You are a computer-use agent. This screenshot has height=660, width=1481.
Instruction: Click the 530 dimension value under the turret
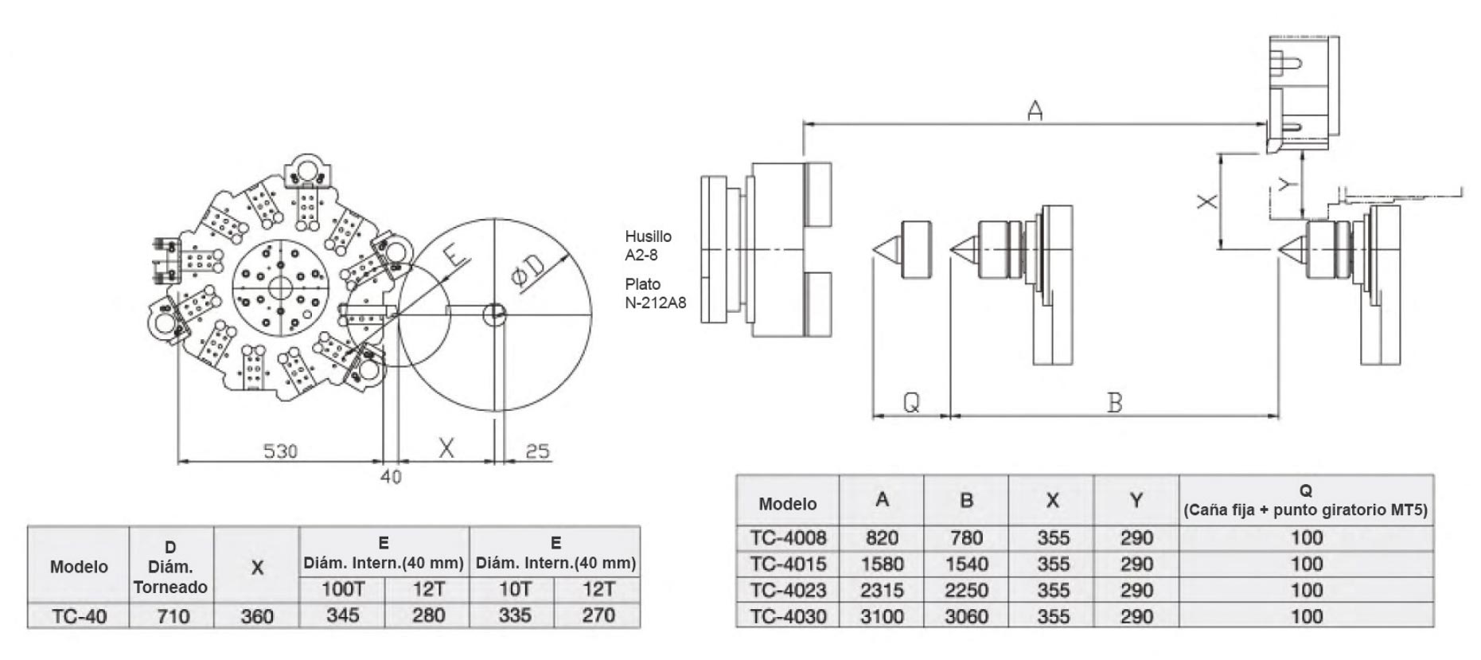(280, 451)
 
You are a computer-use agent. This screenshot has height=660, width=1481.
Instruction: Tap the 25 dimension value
(537, 451)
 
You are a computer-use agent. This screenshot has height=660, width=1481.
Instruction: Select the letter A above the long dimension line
(1035, 110)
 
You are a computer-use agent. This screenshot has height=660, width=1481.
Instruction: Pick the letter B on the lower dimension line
(1114, 403)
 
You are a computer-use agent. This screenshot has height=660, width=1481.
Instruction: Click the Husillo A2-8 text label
(649, 245)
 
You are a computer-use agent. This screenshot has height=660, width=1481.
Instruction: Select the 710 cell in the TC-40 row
(172, 616)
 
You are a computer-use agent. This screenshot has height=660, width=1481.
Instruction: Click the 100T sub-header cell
(343, 589)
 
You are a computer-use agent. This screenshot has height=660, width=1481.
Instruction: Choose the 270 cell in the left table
(598, 615)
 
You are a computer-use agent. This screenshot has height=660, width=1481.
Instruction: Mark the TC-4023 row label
(788, 590)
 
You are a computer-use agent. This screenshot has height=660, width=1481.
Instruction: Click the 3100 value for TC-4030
(882, 616)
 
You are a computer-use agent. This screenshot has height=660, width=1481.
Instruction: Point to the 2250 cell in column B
(966, 590)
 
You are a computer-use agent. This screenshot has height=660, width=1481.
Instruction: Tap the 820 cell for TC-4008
(882, 537)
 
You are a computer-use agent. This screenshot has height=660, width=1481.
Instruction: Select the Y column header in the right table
(1136, 500)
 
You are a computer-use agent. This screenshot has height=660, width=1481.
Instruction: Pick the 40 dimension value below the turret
(391, 477)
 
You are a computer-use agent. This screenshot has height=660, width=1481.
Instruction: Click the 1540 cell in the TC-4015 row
(966, 564)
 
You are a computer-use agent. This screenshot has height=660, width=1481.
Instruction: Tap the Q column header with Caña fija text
(1305, 500)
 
